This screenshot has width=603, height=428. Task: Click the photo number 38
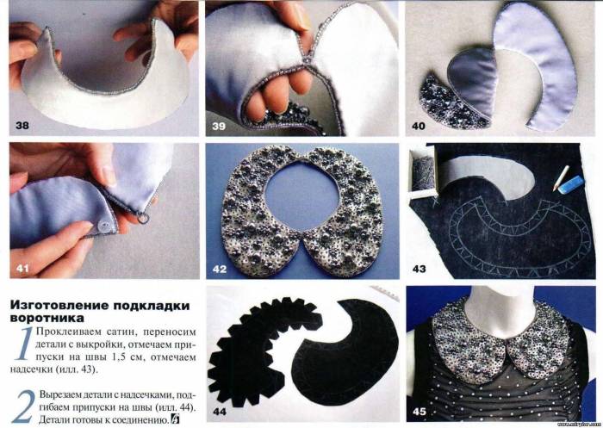[x=22, y=126]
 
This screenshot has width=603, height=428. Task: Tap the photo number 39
[x=219, y=126]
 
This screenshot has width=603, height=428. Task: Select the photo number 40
[x=419, y=126]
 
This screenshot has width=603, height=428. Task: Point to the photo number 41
[x=22, y=268]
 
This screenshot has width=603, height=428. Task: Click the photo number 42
[x=219, y=269]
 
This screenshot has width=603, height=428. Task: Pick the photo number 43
[x=420, y=269]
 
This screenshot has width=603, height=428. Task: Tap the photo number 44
[x=219, y=412]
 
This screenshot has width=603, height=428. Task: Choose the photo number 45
[x=420, y=412]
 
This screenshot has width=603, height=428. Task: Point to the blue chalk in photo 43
[x=571, y=183]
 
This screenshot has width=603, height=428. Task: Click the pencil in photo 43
[x=561, y=178]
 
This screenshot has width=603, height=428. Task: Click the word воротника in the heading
[x=47, y=319]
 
